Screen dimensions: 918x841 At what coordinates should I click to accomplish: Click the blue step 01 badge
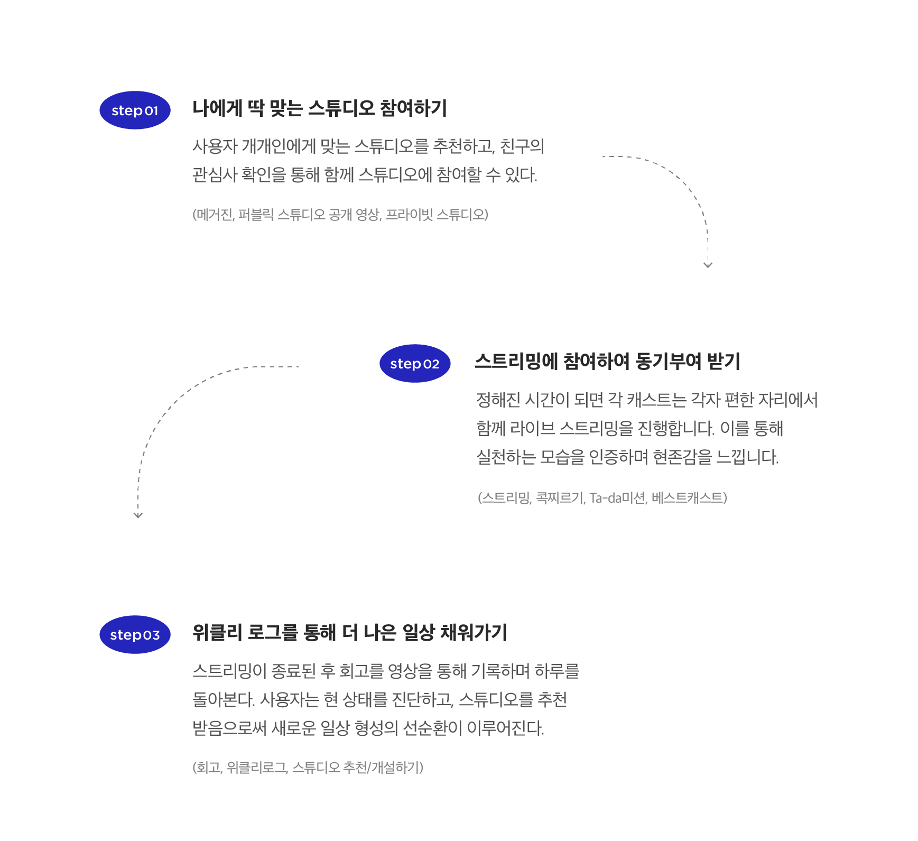click(135, 110)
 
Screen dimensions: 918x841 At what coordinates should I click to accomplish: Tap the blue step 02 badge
click(415, 364)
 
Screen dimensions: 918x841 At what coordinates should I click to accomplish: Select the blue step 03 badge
click(135, 635)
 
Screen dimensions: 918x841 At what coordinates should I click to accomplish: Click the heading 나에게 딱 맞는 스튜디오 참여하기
click(319, 108)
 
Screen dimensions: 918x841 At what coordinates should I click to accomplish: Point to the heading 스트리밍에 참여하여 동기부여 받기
click(607, 362)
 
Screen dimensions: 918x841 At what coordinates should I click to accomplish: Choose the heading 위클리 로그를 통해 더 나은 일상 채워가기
click(349, 632)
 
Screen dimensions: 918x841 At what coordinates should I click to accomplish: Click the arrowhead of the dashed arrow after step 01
click(708, 265)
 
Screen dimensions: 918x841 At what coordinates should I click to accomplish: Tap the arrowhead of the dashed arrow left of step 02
click(138, 515)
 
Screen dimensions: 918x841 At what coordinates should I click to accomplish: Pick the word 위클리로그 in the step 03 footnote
click(257, 768)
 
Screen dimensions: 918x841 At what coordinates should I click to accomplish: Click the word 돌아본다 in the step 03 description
click(222, 700)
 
